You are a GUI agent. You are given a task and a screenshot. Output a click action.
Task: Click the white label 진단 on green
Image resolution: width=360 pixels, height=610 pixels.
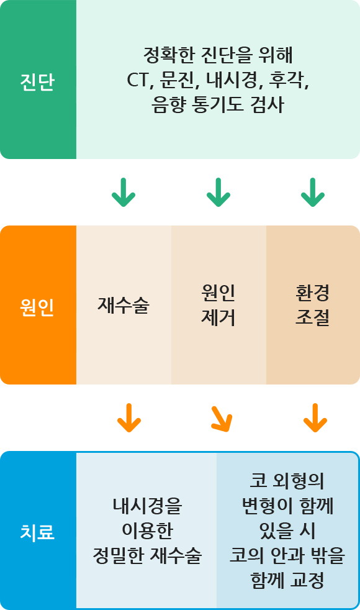(37, 83)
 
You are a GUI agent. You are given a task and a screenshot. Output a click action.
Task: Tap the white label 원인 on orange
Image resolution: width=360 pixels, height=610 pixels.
(37, 307)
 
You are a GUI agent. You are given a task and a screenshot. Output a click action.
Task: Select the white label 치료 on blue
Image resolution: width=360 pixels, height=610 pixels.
(37, 532)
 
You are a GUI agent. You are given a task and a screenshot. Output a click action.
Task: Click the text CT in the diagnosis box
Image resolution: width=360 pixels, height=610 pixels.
(137, 80)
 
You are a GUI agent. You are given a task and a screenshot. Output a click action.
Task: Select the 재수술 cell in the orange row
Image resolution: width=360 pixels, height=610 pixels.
(124, 305)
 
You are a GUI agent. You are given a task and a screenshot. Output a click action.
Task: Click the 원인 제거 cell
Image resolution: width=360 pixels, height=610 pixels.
(218, 305)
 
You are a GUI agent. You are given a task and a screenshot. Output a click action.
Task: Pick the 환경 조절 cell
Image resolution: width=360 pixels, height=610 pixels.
(313, 305)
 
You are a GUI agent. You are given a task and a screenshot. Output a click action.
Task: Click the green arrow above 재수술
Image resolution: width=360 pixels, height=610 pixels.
(124, 192)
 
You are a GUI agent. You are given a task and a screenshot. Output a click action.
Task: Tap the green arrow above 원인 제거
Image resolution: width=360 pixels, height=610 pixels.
(218, 192)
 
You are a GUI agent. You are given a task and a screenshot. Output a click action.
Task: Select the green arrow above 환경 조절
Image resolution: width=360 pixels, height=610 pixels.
(313, 192)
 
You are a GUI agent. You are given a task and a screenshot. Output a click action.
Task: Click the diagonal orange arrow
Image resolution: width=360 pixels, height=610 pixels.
(222, 419)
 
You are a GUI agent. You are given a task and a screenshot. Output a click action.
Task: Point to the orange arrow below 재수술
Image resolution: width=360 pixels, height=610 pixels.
(129, 418)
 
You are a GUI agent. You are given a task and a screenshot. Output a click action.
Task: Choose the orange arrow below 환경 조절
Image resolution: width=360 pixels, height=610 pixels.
(315, 418)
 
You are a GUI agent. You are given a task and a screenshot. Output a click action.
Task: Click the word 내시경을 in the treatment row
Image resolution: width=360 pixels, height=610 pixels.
(147, 506)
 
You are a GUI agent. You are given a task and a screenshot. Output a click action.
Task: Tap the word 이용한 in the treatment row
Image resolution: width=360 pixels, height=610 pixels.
(147, 530)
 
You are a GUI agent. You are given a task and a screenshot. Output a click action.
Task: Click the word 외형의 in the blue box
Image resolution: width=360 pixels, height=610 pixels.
(298, 481)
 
